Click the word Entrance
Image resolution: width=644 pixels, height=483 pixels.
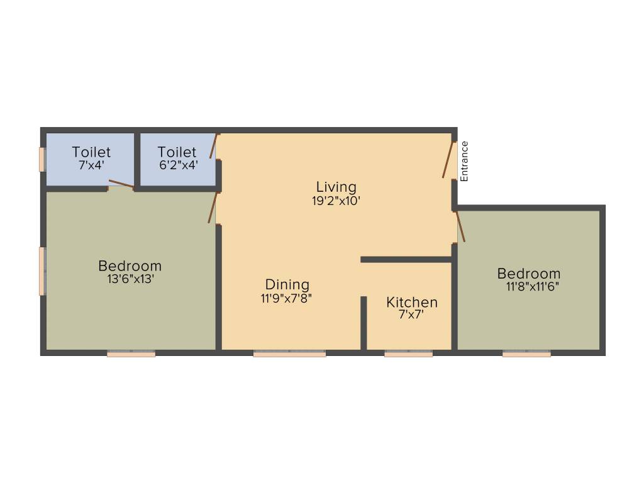pyautogui.click(x=465, y=162)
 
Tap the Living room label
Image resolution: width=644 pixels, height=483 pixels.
pyautogui.click(x=336, y=187)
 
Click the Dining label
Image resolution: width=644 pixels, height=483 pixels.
pyautogui.click(x=287, y=284)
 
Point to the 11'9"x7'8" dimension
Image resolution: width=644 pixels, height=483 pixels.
pyautogui.click(x=287, y=299)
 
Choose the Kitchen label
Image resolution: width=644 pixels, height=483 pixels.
pyautogui.click(x=412, y=302)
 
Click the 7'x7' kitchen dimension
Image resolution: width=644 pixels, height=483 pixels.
pyautogui.click(x=411, y=315)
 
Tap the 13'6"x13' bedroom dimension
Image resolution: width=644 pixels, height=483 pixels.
pyautogui.click(x=130, y=279)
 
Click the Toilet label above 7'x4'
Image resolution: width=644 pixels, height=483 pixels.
pyautogui.click(x=91, y=152)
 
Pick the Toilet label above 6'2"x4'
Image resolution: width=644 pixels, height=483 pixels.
pyautogui.click(x=177, y=152)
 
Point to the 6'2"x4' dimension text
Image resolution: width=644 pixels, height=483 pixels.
pyautogui.click(x=177, y=166)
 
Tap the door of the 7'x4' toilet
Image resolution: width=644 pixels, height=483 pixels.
pyautogui.click(x=121, y=184)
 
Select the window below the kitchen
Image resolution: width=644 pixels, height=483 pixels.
pyautogui.click(x=408, y=354)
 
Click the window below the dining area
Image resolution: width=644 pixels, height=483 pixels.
pyautogui.click(x=289, y=354)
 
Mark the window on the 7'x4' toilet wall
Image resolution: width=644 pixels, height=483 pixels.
pyautogui.click(x=43, y=159)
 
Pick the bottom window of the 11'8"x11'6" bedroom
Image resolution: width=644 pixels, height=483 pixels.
pyautogui.click(x=526, y=354)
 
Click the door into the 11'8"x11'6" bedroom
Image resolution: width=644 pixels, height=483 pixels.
pyautogui.click(x=460, y=227)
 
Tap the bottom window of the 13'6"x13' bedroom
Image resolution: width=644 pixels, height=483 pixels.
pyautogui.click(x=131, y=354)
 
